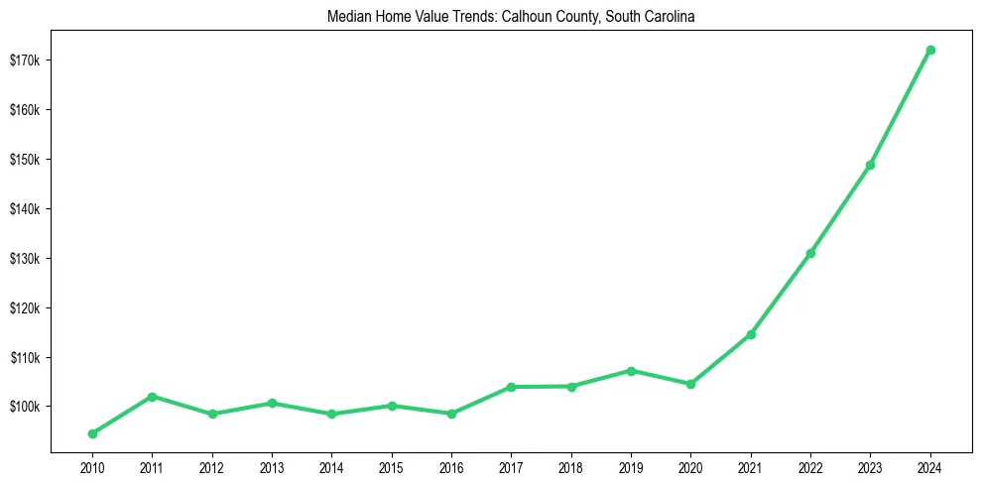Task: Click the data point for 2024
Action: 930,50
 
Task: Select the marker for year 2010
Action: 92,433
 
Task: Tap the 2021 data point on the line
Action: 751,334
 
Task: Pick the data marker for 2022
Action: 810,253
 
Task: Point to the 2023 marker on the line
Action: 870,165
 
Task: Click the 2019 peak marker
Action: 631,371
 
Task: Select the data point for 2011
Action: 152,397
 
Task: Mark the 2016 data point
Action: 451,414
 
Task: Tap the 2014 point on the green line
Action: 331,415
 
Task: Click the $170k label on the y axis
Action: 26,61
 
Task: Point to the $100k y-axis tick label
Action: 26,407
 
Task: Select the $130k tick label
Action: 26,259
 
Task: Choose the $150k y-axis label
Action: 26,160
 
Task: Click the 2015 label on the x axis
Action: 392,467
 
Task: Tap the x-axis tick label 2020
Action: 690,467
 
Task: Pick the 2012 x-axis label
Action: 212,467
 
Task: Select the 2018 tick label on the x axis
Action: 571,467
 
